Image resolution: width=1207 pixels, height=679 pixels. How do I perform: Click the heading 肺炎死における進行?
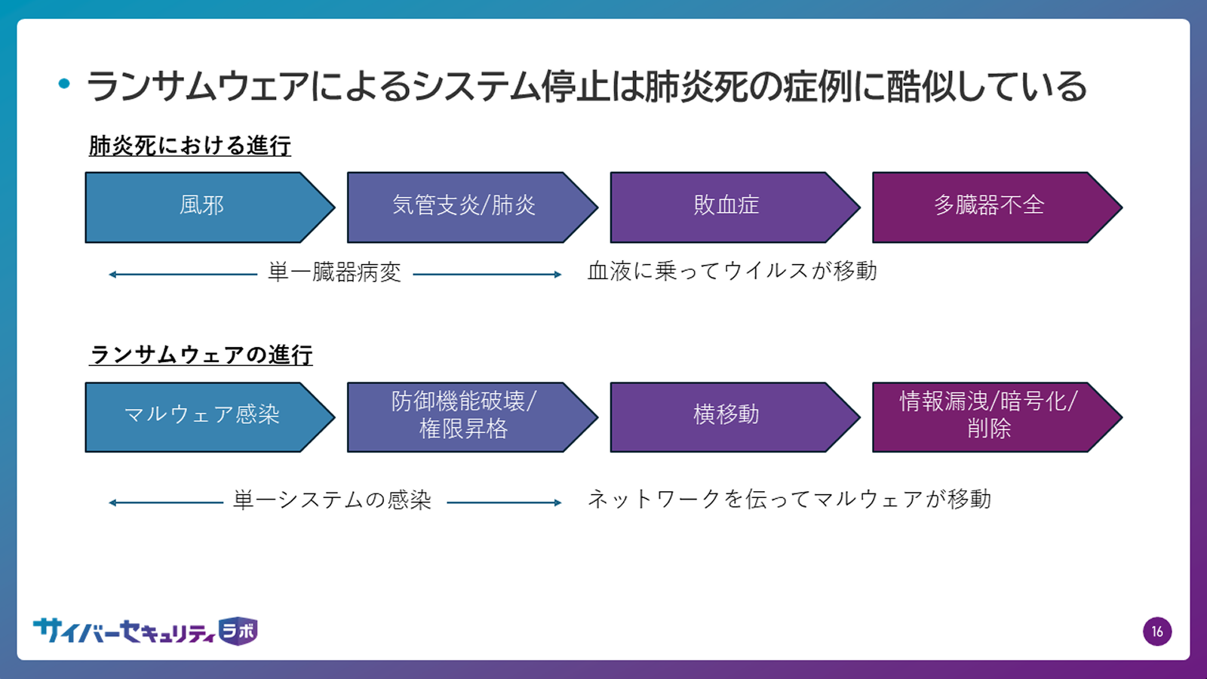(189, 146)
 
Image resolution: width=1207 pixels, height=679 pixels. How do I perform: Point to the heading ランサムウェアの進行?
(201, 355)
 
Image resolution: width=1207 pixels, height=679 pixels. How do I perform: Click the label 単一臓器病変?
(335, 272)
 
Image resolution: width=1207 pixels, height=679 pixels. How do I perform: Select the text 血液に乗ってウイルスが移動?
(732, 271)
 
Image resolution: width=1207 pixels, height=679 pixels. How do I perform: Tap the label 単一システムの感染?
(333, 500)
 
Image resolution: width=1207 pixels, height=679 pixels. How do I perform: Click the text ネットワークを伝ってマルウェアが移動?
(789, 499)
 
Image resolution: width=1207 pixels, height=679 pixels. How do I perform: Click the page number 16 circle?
(1157, 631)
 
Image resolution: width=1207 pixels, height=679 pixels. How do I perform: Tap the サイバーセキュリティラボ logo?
(146, 631)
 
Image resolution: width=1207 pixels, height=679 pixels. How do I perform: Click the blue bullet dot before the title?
(64, 84)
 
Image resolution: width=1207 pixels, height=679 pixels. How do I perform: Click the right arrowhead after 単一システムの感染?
(558, 502)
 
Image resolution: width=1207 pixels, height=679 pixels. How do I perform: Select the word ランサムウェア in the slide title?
(198, 86)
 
